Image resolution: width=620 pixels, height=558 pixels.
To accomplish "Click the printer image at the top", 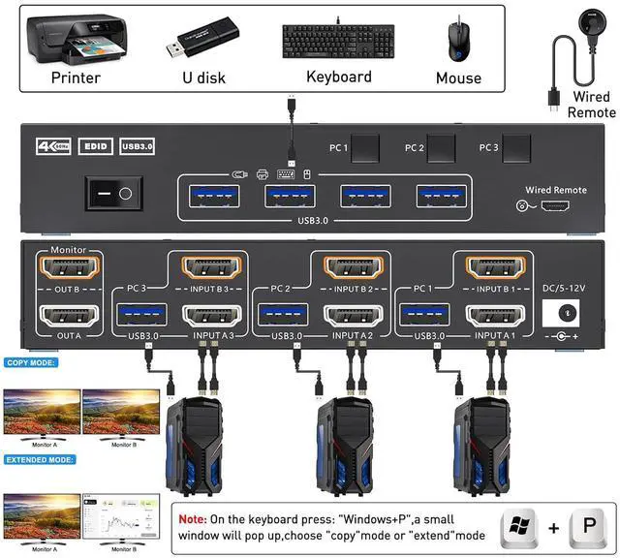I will point(75,39).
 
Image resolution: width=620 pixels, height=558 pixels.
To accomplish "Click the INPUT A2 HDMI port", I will point(352,316).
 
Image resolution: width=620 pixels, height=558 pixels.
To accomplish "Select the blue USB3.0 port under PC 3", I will point(141,316).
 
